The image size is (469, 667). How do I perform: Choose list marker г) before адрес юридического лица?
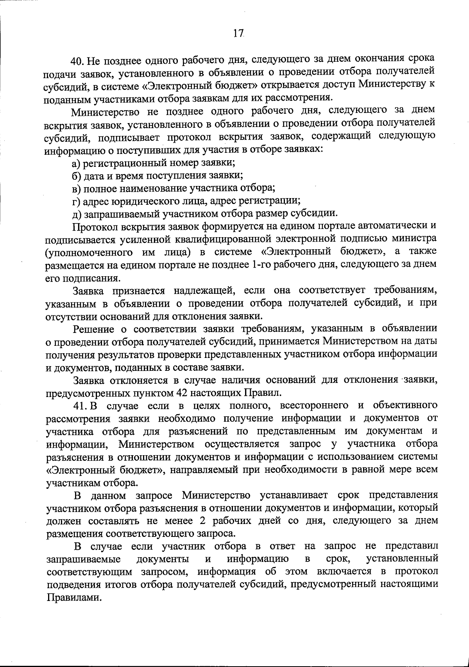[x=75, y=201]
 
